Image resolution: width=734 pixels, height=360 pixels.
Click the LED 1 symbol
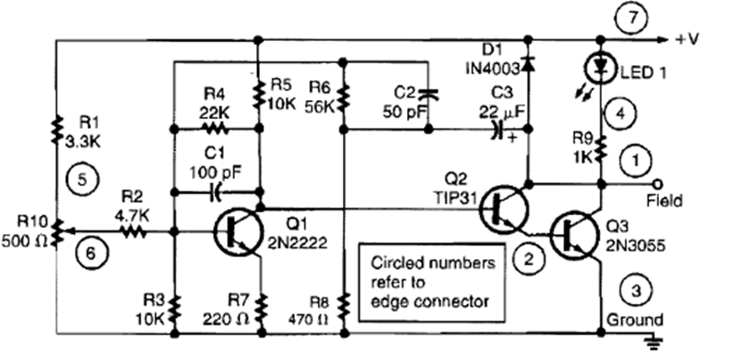(x=601, y=66)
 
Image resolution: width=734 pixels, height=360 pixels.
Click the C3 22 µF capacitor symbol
(x=494, y=130)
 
